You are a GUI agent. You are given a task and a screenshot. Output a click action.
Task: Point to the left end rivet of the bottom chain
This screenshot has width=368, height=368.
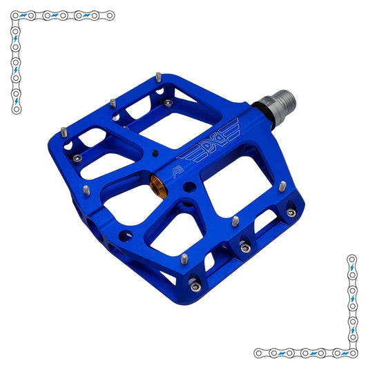click(x=258, y=353)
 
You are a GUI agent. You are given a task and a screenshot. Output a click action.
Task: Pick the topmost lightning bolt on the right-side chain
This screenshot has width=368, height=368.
click(x=351, y=267)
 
